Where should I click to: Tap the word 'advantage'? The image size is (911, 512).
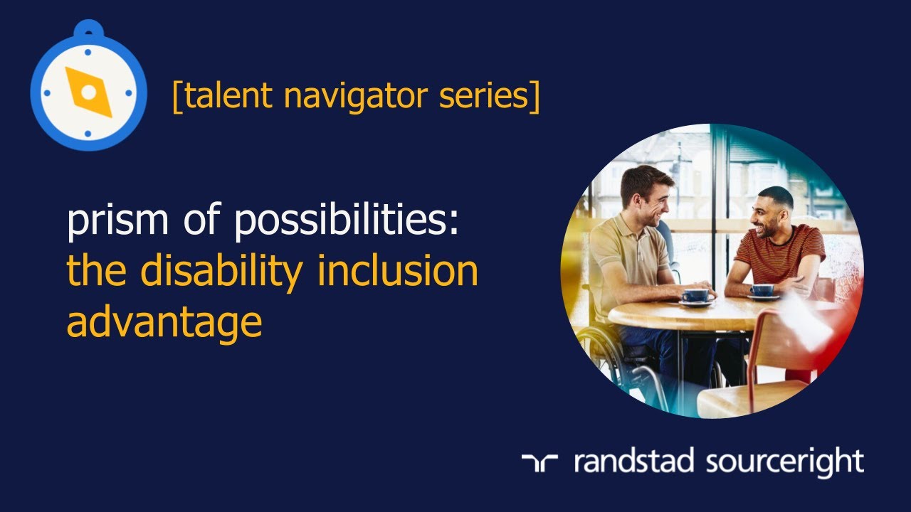tap(164, 322)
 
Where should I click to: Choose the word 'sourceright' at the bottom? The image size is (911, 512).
tap(785, 462)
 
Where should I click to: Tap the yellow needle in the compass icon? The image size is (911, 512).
tap(88, 92)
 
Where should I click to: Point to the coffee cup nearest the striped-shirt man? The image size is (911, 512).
tap(762, 291)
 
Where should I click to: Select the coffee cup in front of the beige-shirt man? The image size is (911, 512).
tap(695, 295)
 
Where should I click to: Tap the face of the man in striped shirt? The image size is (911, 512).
tap(764, 213)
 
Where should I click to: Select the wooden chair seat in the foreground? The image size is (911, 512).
tap(747, 398)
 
